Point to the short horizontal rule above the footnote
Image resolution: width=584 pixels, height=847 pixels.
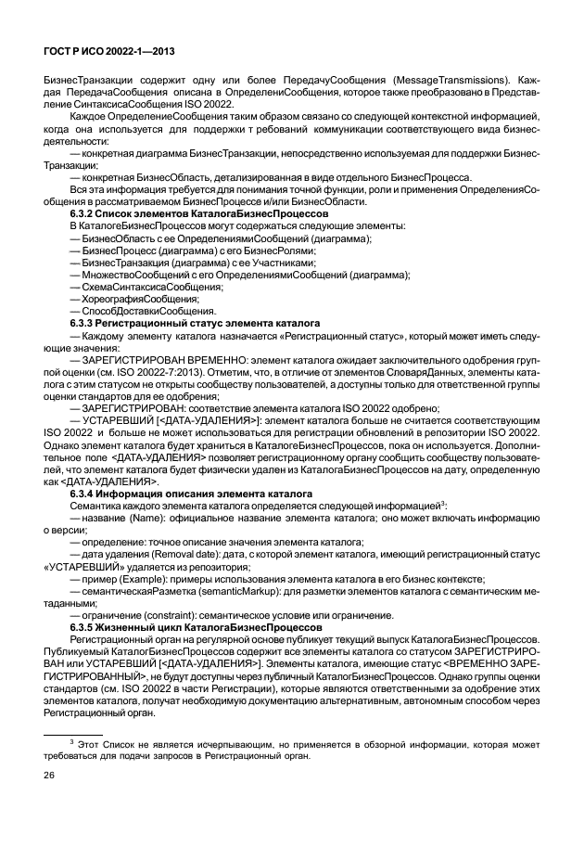[x=73, y=731]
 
